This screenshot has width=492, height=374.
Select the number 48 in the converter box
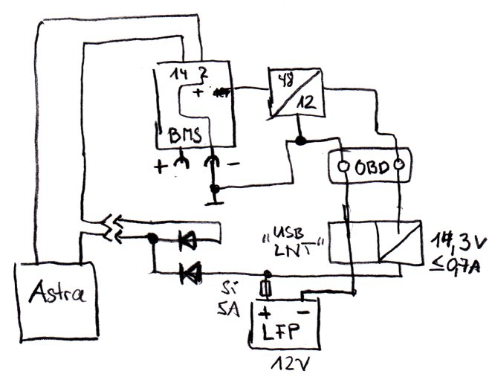click(x=285, y=80)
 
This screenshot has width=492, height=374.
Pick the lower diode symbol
click(x=192, y=274)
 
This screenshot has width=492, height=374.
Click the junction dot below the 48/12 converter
click(x=300, y=140)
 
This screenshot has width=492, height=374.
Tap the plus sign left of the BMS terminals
click(x=161, y=167)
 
